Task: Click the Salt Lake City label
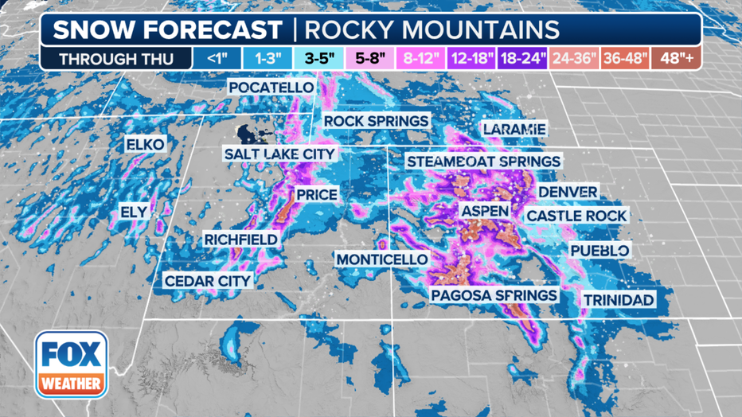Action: click(x=279, y=154)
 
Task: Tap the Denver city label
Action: click(x=568, y=193)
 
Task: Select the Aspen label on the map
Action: click(x=484, y=210)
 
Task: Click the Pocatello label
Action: click(x=271, y=87)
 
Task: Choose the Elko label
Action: click(x=145, y=144)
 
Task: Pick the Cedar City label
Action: click(x=207, y=280)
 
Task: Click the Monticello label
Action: click(x=381, y=259)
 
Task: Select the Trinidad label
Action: click(x=619, y=300)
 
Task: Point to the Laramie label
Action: click(x=514, y=129)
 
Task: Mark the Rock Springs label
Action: click(x=376, y=121)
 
